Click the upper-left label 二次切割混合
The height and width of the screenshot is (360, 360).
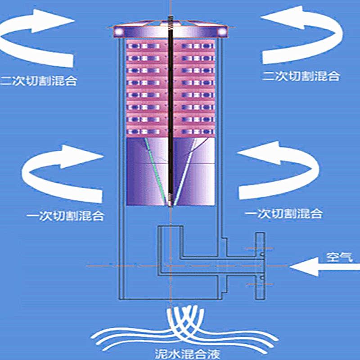(x=38, y=81)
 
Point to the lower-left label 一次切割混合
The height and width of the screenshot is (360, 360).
(x=65, y=215)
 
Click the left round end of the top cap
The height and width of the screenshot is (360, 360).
(x=120, y=31)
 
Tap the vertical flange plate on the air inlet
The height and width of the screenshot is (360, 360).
(x=260, y=265)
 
